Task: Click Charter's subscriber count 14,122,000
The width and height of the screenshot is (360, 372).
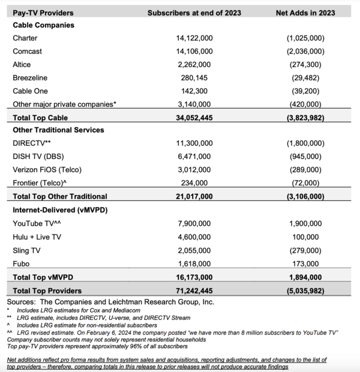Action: (x=196, y=38)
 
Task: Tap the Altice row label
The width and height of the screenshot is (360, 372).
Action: (x=22, y=64)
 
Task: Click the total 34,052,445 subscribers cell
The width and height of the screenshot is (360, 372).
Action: (x=196, y=117)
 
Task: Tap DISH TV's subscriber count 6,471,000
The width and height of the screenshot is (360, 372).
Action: (x=196, y=157)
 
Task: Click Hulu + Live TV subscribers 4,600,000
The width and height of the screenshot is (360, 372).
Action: (x=196, y=237)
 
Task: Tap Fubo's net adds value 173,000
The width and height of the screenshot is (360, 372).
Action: (x=310, y=263)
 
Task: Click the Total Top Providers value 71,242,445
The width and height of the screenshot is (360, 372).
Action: (x=196, y=290)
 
